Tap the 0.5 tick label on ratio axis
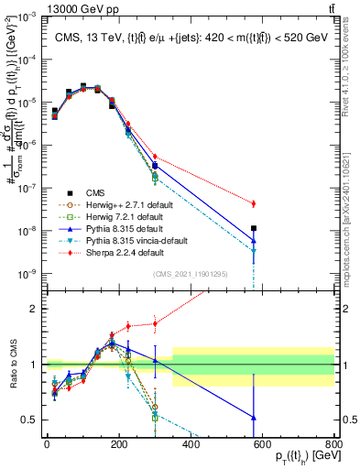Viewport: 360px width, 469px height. (32, 420)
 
